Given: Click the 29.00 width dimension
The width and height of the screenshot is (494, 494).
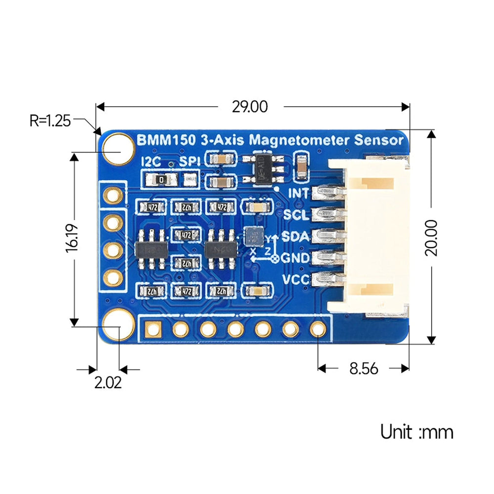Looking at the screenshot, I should click(249, 107).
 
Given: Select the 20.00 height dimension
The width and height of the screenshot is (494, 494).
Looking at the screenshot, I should click(431, 237).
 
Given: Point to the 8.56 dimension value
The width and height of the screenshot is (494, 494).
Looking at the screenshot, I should click(364, 369).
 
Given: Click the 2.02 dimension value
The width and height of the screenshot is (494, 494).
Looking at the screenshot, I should click(108, 383).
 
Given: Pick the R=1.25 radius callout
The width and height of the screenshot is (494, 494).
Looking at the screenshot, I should click(50, 120).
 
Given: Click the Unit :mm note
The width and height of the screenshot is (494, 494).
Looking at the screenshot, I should click(416, 432).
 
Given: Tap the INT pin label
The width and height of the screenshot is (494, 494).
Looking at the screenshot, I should click(298, 193).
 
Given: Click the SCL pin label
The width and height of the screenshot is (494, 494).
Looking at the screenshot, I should click(296, 215).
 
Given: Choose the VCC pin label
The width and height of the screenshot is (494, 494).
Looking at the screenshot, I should click(295, 280).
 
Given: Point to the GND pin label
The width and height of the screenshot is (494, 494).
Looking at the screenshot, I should click(295, 258).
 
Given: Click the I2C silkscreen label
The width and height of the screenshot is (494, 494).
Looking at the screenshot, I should click(151, 162).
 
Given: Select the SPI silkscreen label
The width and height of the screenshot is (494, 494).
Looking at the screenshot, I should click(190, 162).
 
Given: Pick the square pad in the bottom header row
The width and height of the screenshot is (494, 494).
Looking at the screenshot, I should click(153, 328).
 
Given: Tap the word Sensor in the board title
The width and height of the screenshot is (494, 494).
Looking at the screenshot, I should click(379, 140).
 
